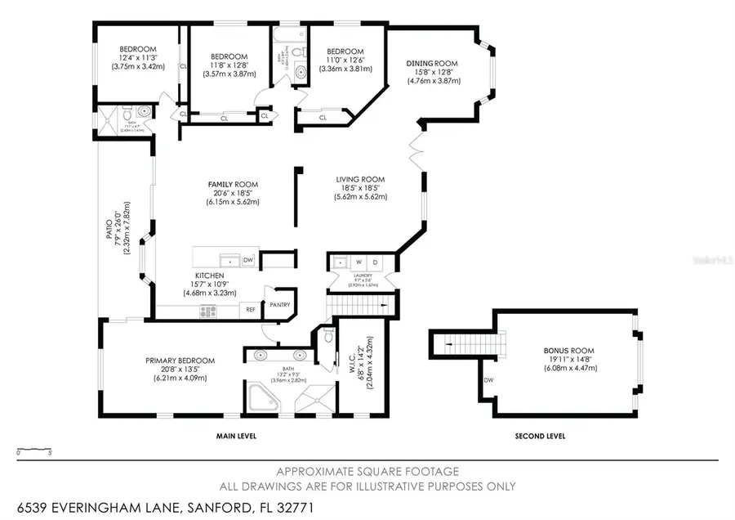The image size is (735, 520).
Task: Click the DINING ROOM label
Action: [x=433, y=64]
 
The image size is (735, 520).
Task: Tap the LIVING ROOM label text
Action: [x=360, y=179]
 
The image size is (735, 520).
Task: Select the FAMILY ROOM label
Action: [x=233, y=185]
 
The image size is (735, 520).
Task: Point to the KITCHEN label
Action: [x=209, y=276]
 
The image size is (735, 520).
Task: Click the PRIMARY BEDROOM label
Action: [x=180, y=361]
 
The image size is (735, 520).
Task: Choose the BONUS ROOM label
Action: [x=565, y=351]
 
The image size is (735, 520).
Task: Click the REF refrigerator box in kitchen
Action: [x=251, y=311]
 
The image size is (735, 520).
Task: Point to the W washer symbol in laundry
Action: [x=359, y=262]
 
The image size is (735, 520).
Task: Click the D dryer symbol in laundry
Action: [x=376, y=262]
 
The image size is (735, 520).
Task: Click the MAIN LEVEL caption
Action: [x=236, y=437]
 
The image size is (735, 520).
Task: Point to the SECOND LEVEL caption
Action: [x=540, y=437]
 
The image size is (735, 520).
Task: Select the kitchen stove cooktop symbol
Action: [x=207, y=311]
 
